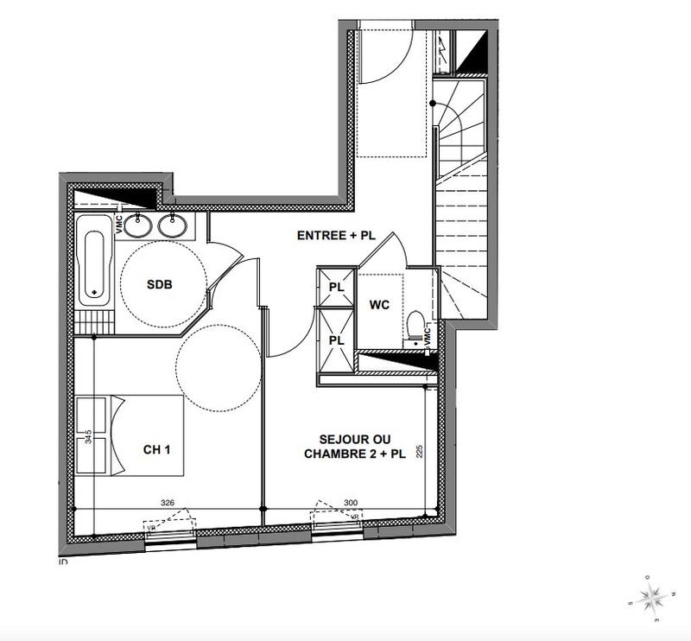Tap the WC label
coord(380,304)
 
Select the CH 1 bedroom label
coord(157,449)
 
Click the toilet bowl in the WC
coord(415,327)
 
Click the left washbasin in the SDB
coord(138,226)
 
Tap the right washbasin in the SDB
coord(173,226)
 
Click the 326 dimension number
coord(168,501)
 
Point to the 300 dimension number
coord(351,501)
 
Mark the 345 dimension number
coord(88,437)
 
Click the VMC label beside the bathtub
coord(120,223)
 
